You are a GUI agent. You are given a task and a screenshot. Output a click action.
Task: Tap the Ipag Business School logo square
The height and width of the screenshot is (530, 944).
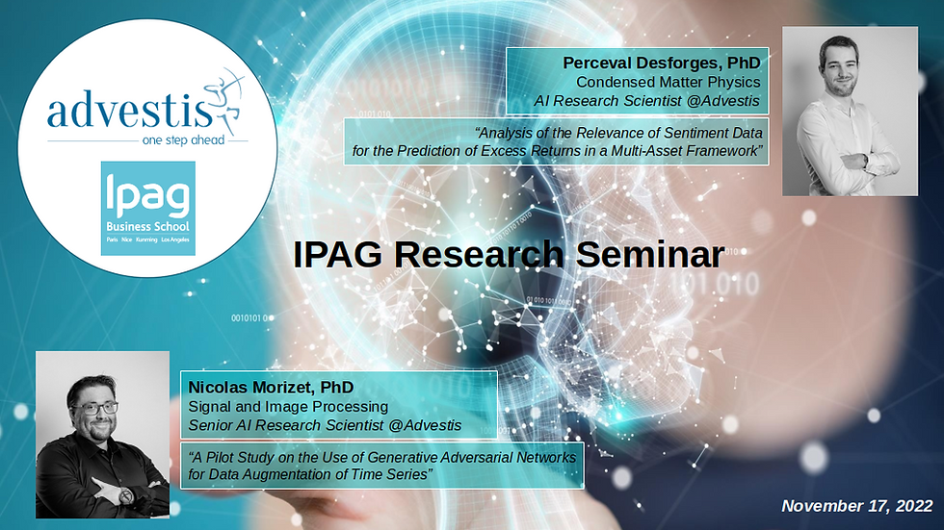(x=148, y=208)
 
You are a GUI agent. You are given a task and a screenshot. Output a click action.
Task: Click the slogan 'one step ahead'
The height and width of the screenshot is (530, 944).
(x=183, y=140)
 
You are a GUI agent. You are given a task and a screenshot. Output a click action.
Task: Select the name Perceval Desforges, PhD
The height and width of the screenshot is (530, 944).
(x=662, y=63)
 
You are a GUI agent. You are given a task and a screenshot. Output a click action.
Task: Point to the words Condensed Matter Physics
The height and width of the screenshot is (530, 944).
(x=669, y=82)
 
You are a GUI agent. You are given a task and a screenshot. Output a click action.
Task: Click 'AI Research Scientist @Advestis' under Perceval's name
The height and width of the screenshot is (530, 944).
(x=646, y=101)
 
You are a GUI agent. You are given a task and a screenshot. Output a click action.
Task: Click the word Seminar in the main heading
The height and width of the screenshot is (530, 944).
(x=650, y=255)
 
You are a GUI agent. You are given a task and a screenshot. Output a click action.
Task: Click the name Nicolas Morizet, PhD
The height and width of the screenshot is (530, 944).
(x=271, y=387)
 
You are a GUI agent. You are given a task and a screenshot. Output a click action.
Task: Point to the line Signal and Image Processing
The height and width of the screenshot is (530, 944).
(x=288, y=406)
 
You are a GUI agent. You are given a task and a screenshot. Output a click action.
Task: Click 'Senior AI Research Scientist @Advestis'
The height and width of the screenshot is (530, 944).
(x=325, y=425)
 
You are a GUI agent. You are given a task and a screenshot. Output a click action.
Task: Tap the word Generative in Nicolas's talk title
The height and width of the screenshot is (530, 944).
(x=403, y=457)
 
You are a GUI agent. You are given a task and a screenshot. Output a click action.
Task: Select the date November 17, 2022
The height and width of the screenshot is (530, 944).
(x=856, y=506)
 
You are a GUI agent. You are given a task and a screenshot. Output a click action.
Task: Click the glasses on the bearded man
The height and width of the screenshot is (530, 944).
(x=95, y=409)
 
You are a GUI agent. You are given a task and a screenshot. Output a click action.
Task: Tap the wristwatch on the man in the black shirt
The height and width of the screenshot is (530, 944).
(x=126, y=496)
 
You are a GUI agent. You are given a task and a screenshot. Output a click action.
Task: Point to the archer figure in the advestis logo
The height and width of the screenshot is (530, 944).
(x=225, y=97)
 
